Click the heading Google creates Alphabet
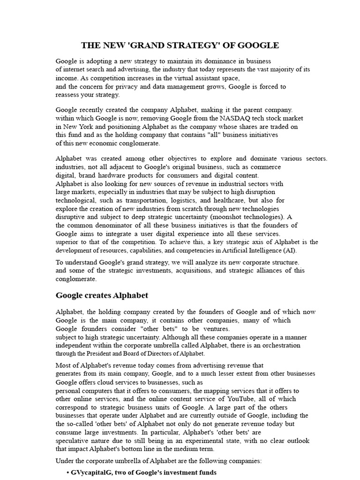coord(102,295)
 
